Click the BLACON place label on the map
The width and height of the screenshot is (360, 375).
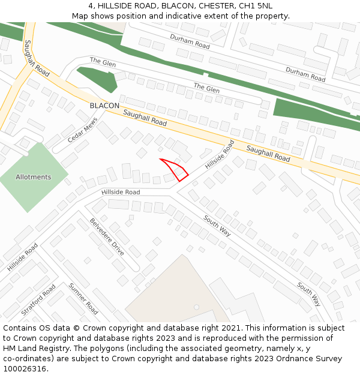click(104, 106)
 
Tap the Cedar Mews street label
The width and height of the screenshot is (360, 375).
click(82, 130)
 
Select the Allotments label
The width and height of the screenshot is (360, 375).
click(34, 177)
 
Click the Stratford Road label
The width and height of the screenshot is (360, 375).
click(38, 301)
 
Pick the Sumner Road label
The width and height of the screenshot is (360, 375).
click(83, 298)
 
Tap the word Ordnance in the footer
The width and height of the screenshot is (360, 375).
click(290, 359)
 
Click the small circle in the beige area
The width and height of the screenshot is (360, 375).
click(196, 307)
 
